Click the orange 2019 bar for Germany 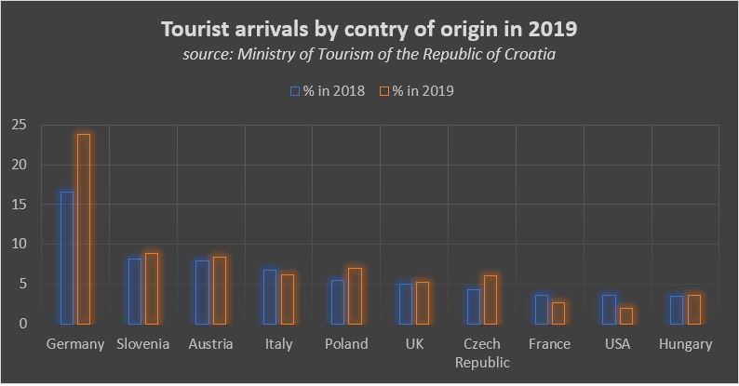(84, 229)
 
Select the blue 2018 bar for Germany (67, 258)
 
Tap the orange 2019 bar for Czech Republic (490, 299)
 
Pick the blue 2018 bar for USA (609, 309)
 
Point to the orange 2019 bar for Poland (355, 296)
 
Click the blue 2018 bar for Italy (270, 297)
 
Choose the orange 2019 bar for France (558, 313)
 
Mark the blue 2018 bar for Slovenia (135, 291)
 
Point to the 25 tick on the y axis (20, 126)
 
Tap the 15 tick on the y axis (20, 205)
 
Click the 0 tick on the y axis (23, 324)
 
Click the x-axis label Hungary (684, 344)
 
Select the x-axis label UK (414, 344)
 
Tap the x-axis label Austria (210, 344)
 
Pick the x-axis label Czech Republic (481, 353)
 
